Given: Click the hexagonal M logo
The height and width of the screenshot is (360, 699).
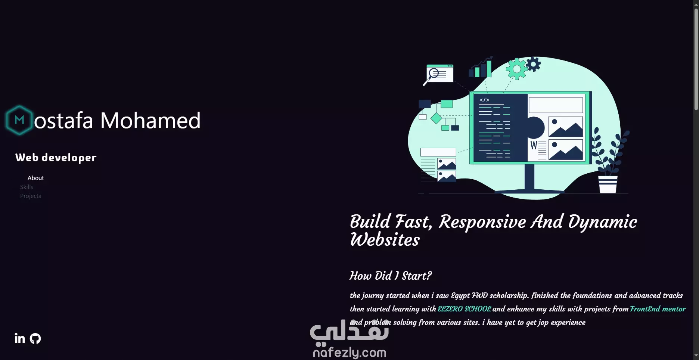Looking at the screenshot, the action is pyautogui.click(x=19, y=120).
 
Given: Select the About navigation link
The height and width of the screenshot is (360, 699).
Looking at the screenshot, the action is pyautogui.click(x=35, y=178).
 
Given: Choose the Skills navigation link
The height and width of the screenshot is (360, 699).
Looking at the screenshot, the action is pyautogui.click(x=27, y=187).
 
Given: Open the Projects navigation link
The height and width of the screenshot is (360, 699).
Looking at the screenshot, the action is pyautogui.click(x=31, y=196).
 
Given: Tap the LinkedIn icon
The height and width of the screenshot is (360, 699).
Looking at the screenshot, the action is pyautogui.click(x=20, y=338).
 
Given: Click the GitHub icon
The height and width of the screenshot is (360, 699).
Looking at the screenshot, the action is pyautogui.click(x=35, y=339).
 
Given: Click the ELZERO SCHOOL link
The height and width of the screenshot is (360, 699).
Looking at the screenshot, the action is pyautogui.click(x=464, y=309).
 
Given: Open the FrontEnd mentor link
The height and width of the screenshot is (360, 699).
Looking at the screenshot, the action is pyautogui.click(x=658, y=309).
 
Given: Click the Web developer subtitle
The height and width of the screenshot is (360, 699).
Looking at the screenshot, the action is pyautogui.click(x=56, y=158).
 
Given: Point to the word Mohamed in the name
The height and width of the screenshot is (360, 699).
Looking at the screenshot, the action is pyautogui.click(x=150, y=120).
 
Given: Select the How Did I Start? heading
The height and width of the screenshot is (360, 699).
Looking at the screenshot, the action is pyautogui.click(x=390, y=276).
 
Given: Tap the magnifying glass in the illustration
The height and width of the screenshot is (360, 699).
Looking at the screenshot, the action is pyautogui.click(x=432, y=75).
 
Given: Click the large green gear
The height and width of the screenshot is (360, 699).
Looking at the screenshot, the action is pyautogui.click(x=516, y=69).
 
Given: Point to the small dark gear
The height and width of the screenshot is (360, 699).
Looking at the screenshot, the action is pyautogui.click(x=533, y=64).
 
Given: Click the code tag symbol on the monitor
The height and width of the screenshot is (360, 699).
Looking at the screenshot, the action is pyautogui.click(x=484, y=100).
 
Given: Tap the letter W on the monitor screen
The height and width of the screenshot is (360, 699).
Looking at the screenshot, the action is pyautogui.click(x=534, y=145).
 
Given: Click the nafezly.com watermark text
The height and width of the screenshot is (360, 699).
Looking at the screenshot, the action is pyautogui.click(x=349, y=352).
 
